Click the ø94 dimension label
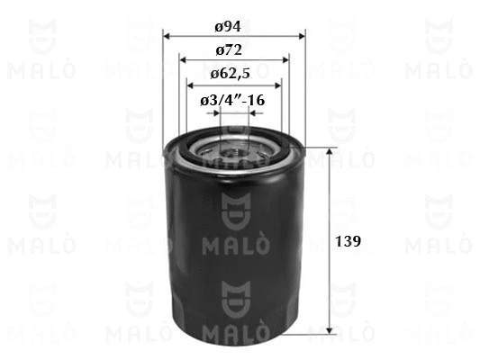(x=228, y=27)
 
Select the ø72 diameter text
(x=229, y=50)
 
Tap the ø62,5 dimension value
(x=231, y=74)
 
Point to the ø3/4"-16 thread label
(x=232, y=100)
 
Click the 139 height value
(x=349, y=241)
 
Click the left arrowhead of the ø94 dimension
(x=167, y=37)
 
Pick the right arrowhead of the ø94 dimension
(x=302, y=37)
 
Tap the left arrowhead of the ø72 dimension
(x=183, y=59)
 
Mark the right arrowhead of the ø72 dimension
(x=285, y=59)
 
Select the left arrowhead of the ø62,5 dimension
(x=190, y=85)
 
